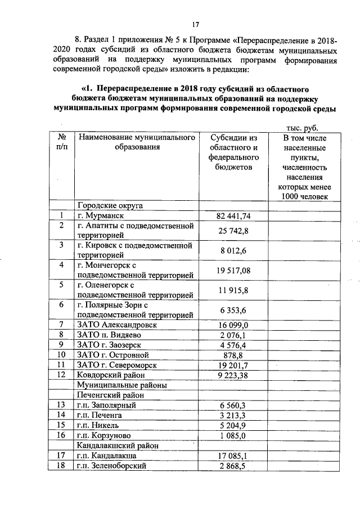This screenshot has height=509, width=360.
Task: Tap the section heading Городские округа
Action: [110, 205]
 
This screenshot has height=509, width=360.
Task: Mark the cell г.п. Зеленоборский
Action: [112, 466]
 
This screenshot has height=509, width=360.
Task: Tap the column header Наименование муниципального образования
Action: [137, 142]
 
